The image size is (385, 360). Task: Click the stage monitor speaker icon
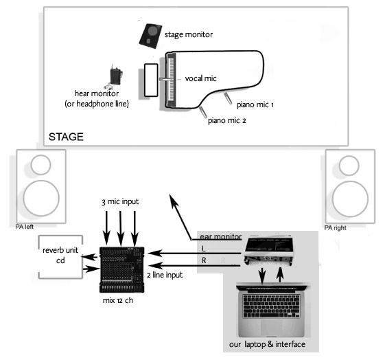[150, 36]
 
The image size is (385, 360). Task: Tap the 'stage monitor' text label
[188, 34]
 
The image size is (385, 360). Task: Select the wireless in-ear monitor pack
[116, 76]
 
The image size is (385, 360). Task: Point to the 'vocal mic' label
[200, 78]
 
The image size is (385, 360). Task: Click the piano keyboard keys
[171, 80]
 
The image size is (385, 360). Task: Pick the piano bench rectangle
[151, 80]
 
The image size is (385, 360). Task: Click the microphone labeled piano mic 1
[228, 98]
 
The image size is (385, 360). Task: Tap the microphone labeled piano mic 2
[203, 112]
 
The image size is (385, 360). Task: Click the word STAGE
[66, 137]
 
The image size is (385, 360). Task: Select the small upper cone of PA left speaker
[40, 165]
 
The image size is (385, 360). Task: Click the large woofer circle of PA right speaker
[350, 199]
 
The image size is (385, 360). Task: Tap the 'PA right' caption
[335, 228]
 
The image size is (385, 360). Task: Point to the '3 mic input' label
[120, 201]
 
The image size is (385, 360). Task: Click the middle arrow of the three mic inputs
[120, 228]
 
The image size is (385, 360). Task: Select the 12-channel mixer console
[121, 269]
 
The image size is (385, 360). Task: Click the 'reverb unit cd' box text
[60, 255]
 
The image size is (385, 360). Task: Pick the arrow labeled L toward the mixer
[194, 253]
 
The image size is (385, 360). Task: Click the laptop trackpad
[271, 327]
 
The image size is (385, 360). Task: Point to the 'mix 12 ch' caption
[118, 300]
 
